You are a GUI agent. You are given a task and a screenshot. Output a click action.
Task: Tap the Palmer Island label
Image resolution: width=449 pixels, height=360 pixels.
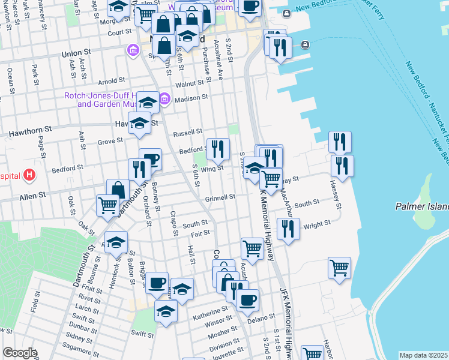click(x=422, y=206)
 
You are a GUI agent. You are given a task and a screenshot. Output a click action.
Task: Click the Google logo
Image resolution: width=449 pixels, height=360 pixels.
click(x=19, y=353)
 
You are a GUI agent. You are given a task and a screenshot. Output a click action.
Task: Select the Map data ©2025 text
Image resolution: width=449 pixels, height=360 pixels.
click(x=423, y=355)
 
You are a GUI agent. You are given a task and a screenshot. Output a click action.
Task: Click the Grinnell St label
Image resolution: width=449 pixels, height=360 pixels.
click(x=220, y=197)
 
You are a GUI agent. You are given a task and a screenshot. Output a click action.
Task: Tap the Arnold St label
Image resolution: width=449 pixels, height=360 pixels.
click(x=111, y=80)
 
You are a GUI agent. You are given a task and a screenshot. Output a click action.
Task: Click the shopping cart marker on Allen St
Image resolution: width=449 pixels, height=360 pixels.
click(x=108, y=205)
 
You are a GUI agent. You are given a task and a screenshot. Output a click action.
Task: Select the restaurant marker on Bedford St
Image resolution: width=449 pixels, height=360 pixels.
click(x=218, y=149)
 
